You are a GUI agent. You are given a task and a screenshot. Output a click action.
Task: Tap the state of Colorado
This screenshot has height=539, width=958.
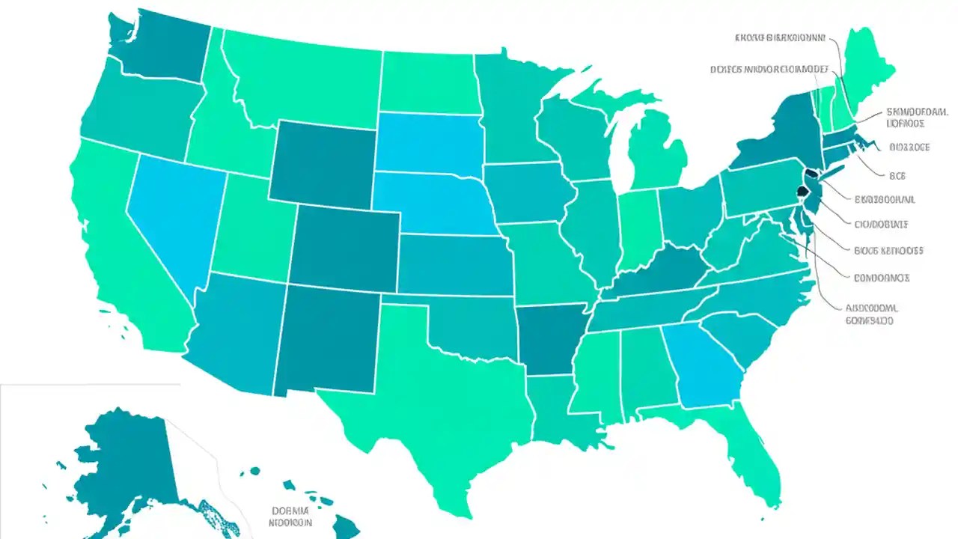[344, 247]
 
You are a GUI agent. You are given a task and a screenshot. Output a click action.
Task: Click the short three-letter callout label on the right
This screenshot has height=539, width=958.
[897, 176]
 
